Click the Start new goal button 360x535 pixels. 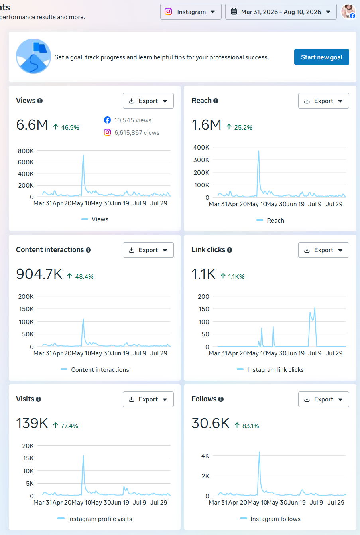321,57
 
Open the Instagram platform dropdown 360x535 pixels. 191,12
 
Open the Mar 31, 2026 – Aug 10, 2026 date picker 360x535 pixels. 281,12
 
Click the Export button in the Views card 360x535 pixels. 148,101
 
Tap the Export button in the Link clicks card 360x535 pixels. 323,250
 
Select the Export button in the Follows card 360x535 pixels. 323,399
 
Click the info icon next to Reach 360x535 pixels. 216,101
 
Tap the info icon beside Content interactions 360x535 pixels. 89,250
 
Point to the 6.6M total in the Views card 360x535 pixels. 32,125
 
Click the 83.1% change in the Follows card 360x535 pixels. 250,426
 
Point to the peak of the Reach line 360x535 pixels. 259,151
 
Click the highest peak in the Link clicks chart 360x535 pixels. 315,307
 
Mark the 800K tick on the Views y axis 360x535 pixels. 26,151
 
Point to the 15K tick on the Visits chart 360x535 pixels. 28,458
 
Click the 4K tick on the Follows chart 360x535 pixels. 205,456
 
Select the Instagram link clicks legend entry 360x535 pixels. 270,370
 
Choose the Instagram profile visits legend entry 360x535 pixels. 95,519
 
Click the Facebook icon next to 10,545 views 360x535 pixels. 107,120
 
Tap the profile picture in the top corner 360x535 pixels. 348,12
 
